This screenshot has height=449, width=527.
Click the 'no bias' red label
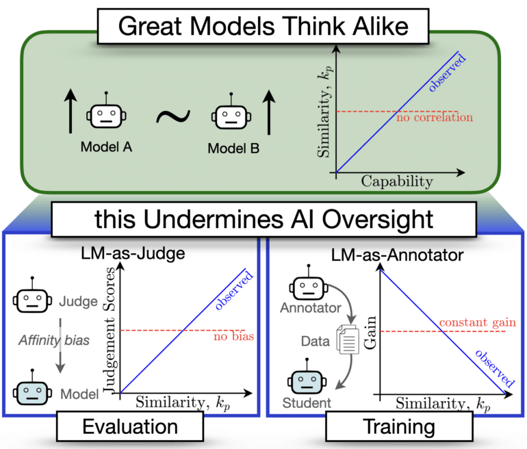pyautogui.click(x=226, y=338)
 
